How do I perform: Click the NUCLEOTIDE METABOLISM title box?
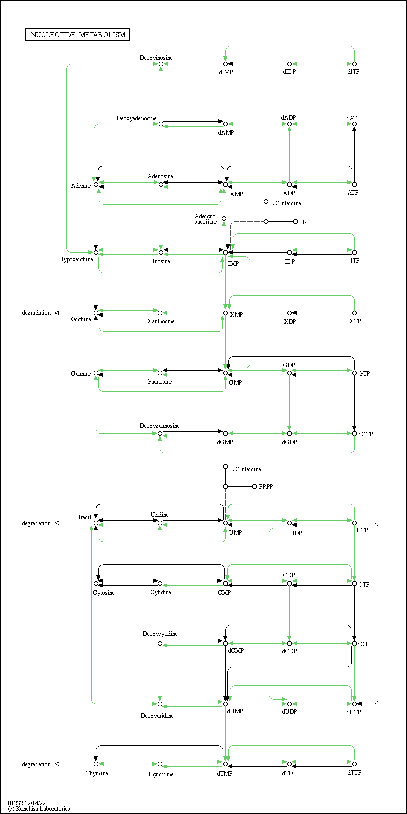point(77,35)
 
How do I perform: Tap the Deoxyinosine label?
point(156,58)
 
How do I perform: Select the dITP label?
point(353,72)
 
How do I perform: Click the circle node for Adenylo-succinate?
point(224,218)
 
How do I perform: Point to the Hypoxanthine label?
point(76,259)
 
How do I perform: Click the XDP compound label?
point(290,321)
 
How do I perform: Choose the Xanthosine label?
point(161,321)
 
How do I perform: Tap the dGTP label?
point(365,434)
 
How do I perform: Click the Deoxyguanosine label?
point(159,426)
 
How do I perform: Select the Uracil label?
point(83,517)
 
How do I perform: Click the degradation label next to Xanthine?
point(36,313)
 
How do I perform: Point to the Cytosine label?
point(104,593)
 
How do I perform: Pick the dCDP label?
point(289,651)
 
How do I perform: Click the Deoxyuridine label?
point(157,716)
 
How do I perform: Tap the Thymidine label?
point(160,774)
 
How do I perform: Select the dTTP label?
point(354,772)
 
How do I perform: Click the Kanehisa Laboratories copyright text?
point(39,809)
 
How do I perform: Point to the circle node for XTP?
point(355,313)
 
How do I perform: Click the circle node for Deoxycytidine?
point(160,643)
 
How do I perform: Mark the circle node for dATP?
point(355,124)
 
